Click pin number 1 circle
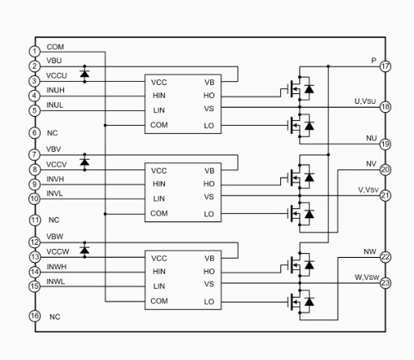[34, 51]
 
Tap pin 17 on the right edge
[386, 66]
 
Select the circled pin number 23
[386, 283]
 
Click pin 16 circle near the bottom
[35, 315]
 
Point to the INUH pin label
[55, 90]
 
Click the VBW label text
[54, 237]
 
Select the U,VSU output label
[365, 101]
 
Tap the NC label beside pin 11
[54, 220]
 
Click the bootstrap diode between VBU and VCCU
[84, 74]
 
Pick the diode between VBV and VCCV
[84, 162]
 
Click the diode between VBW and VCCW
[84, 250]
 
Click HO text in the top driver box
[209, 96]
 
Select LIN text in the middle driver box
[159, 199]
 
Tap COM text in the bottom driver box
[159, 301]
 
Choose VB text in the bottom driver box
[209, 259]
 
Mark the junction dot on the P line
[328, 66]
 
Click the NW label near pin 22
[369, 251]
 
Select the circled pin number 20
[386, 169]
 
